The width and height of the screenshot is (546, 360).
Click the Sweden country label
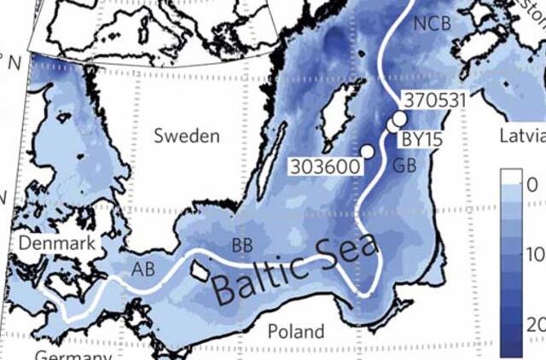(187, 136)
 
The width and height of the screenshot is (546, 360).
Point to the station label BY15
(421, 137)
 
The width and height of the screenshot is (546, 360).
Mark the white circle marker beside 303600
(368, 151)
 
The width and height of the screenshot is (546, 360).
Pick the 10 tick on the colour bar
(537, 256)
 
